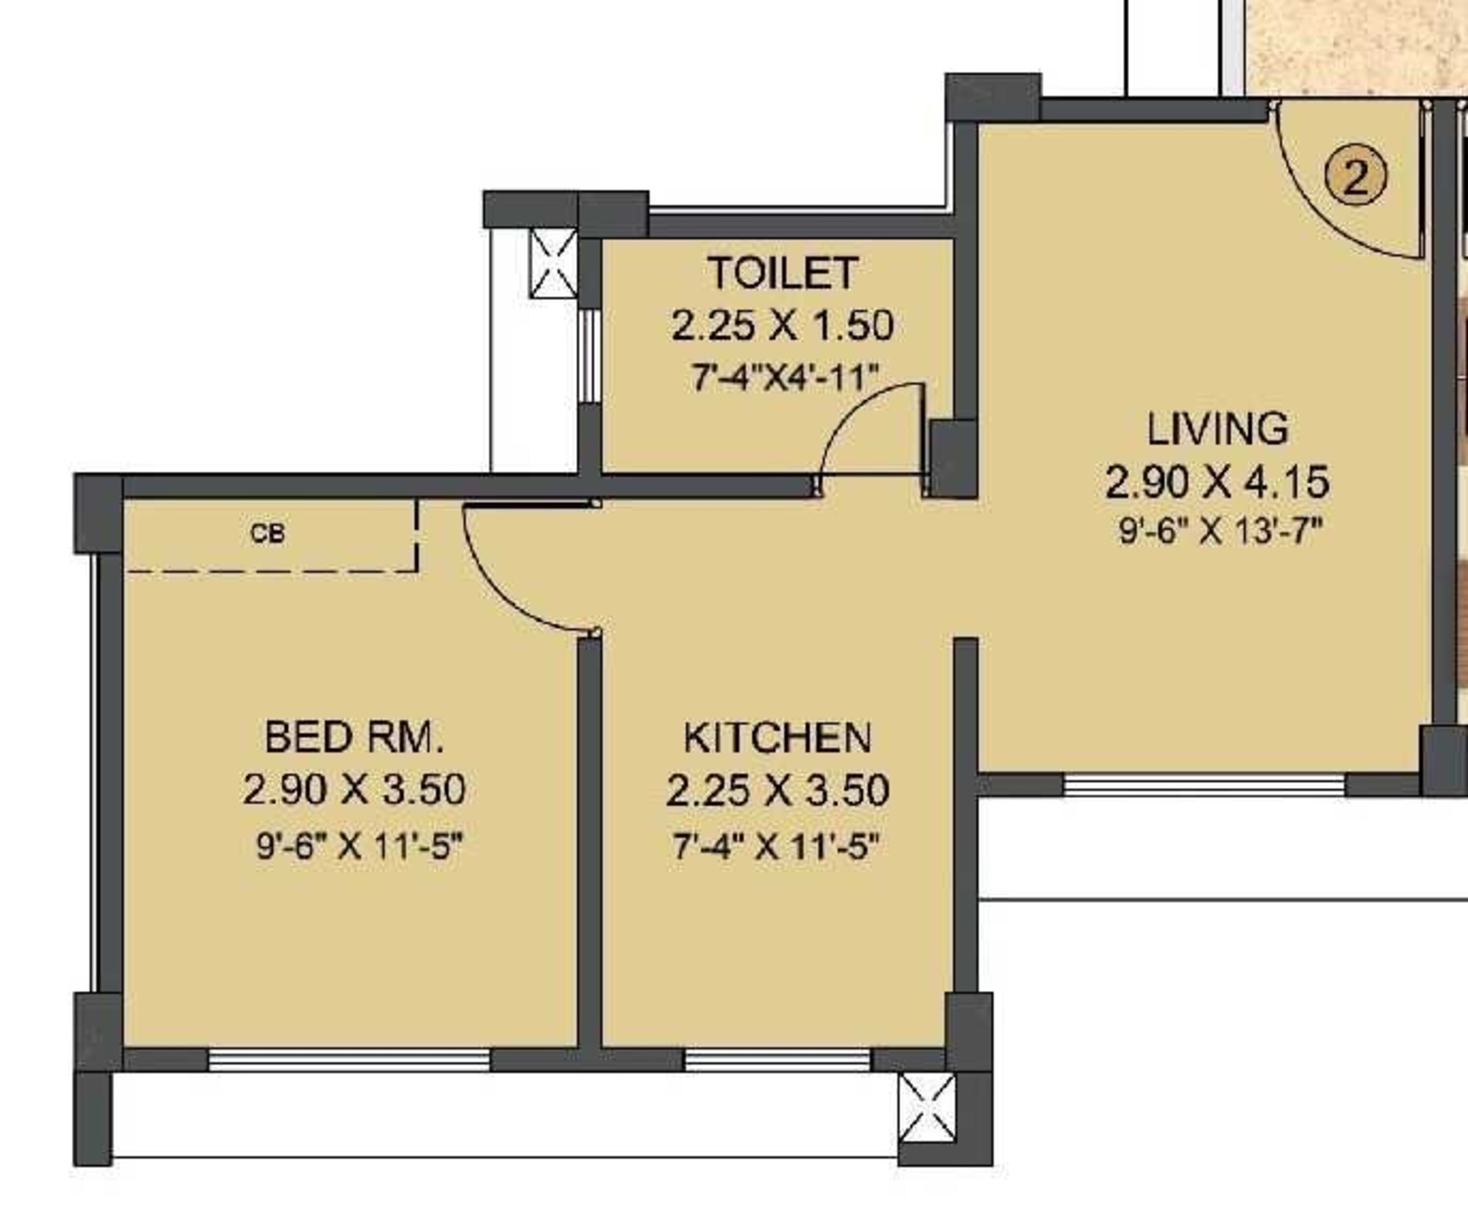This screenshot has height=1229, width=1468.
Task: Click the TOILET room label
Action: tap(782, 273)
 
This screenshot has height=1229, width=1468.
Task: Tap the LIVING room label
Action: tap(1217, 429)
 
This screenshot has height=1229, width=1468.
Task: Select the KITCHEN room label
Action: tap(778, 738)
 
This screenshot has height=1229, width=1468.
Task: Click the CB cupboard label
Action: tap(268, 534)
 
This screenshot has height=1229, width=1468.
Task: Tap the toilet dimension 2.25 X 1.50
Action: tap(782, 326)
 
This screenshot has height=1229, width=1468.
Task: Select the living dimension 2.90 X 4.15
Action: tap(1217, 483)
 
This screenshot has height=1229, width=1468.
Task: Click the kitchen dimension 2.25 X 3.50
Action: tap(778, 790)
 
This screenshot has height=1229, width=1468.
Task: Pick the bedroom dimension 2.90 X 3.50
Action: tap(354, 789)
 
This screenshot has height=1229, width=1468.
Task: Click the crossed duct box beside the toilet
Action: tap(553, 263)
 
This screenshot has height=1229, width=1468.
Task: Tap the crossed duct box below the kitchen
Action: tap(927, 1109)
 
